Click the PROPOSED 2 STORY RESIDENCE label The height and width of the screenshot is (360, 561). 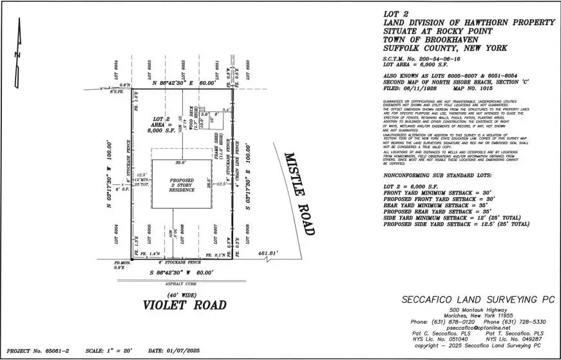click(181, 185)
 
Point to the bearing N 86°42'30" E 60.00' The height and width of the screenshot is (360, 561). click(185, 84)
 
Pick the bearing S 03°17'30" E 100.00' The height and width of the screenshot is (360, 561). click(247, 171)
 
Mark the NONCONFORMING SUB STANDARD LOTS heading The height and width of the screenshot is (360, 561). click(437, 175)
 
